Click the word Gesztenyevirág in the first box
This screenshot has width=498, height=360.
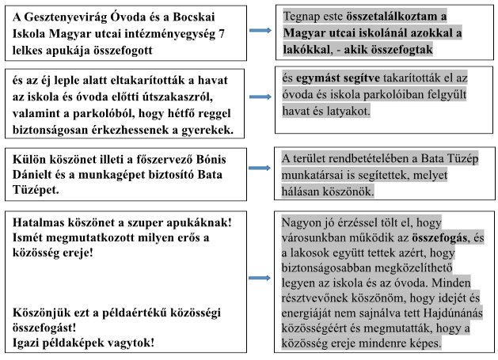pos(63,16)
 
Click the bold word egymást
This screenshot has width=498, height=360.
pos(325,79)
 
